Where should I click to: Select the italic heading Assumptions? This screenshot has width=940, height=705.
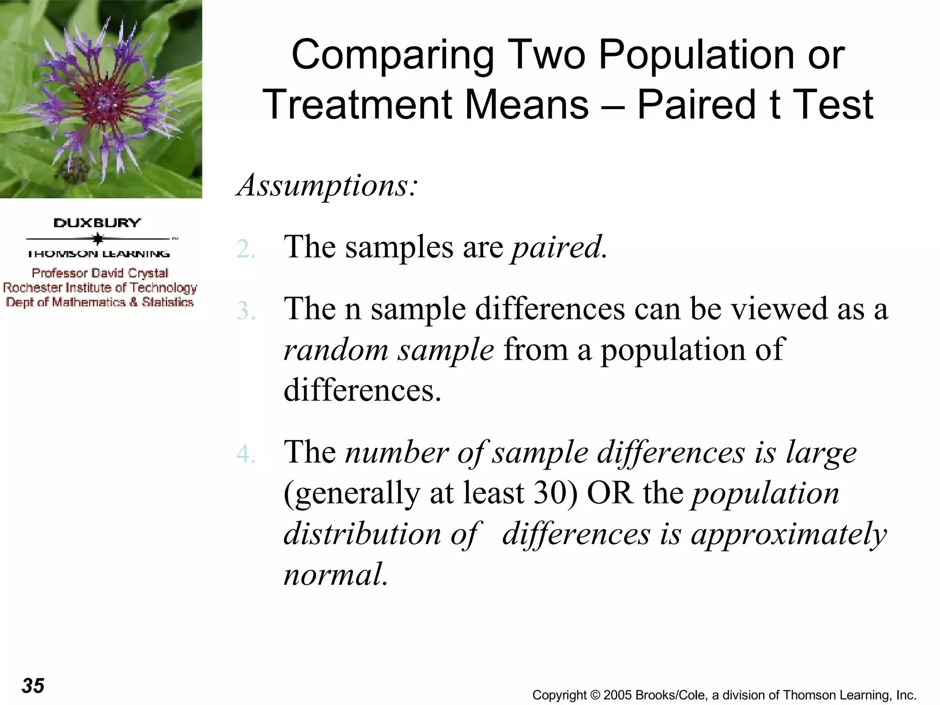tap(327, 185)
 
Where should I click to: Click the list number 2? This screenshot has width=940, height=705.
tap(246, 250)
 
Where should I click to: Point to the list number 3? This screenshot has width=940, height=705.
tap(246, 311)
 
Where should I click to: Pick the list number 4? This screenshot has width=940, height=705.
tap(246, 454)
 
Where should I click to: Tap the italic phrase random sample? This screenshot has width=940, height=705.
tap(389, 350)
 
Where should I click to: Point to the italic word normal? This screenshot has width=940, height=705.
tap(335, 575)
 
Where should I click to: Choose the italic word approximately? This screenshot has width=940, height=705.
tap(789, 535)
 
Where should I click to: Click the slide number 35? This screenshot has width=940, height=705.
tap(33, 686)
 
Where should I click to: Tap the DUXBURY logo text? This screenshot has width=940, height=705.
tap(97, 223)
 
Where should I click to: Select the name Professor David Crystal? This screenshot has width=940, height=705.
tap(100, 273)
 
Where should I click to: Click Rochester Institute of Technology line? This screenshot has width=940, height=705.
tap(100, 288)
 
